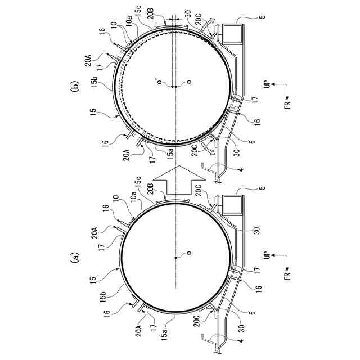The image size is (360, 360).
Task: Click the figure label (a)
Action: (75, 258)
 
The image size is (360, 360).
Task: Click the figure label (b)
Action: (75, 86)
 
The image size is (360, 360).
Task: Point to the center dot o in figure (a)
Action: (175, 258)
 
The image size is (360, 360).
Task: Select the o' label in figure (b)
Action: (160, 82)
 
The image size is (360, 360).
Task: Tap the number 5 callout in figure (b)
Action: (263, 16)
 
